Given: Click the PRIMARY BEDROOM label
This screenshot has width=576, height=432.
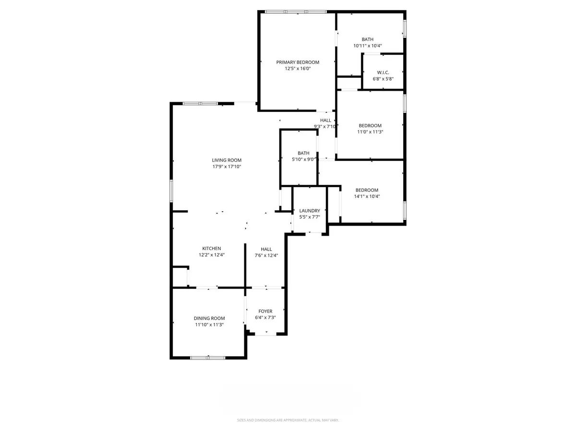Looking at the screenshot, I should tap(297, 62).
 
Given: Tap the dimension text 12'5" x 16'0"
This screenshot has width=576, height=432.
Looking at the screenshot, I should tap(297, 69).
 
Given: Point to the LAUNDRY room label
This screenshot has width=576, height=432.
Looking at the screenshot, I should tap(310, 211).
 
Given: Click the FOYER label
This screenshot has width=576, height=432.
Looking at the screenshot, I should tap(265, 311).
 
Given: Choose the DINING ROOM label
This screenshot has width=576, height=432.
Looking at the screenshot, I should tap(209, 318).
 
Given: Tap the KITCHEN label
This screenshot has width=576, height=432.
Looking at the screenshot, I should tap(211, 248).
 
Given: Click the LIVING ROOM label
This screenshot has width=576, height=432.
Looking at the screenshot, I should tap(227, 160).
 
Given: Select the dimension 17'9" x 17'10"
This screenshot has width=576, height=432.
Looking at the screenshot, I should tap(227, 167).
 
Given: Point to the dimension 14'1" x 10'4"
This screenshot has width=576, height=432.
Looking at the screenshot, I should tap(367, 196).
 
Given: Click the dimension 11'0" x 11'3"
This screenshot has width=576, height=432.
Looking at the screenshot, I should tap(371, 132).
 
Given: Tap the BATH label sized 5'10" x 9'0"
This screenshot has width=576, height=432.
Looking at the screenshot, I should tap(303, 153).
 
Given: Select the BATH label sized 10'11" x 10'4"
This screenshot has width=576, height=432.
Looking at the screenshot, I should tap(367, 39).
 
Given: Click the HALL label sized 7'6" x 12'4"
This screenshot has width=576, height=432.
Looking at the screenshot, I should tap(266, 249).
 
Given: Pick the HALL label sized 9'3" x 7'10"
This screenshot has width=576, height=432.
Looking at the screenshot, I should tap(325, 120).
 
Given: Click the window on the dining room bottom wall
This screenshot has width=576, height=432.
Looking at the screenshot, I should tap(208, 358).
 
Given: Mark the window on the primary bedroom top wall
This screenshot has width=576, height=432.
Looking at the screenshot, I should tap(296, 12).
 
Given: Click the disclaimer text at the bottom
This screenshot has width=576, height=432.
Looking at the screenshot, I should tap(288, 420).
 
